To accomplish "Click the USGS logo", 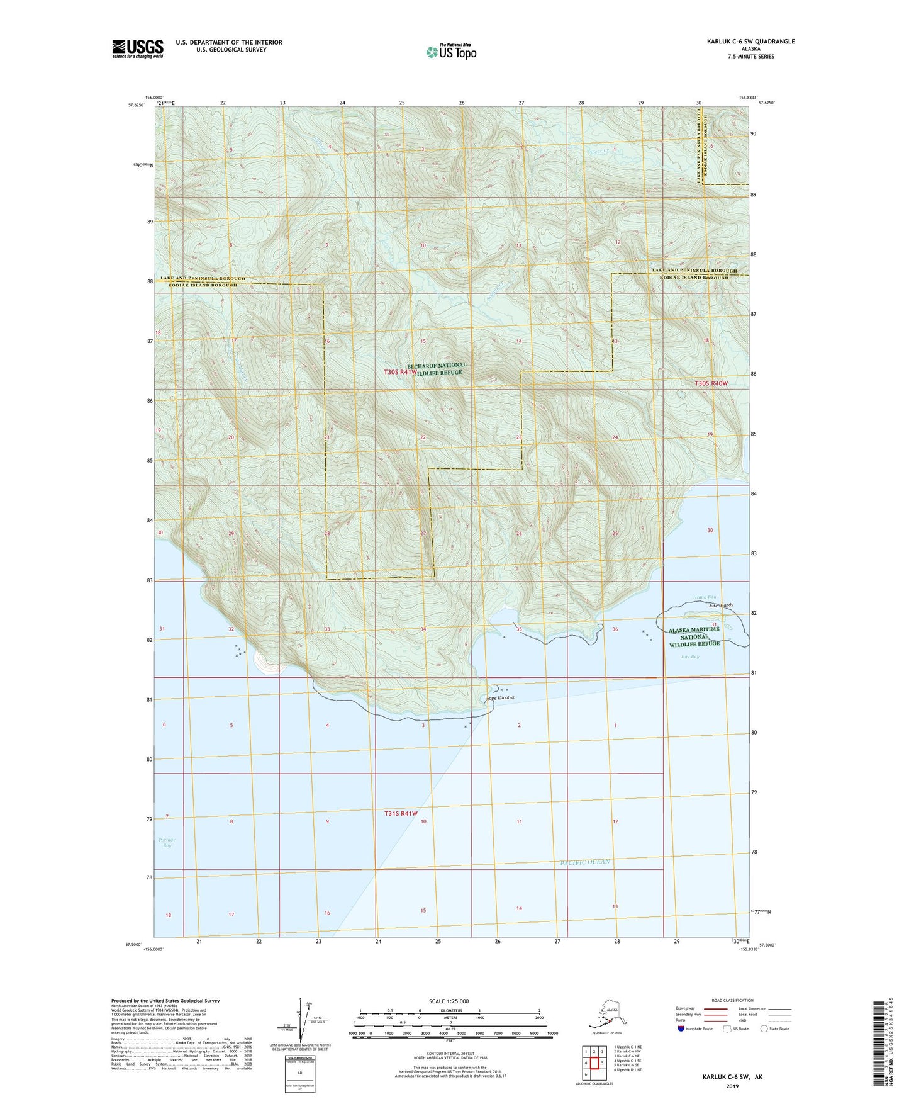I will (x=137, y=48).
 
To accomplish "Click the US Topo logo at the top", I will (x=450, y=51).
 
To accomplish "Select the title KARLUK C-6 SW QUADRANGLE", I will (x=741, y=42).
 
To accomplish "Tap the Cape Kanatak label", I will (x=501, y=698).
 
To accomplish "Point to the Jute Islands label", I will (x=721, y=605).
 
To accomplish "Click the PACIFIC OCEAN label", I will (x=585, y=862).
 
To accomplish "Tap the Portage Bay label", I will (x=167, y=842).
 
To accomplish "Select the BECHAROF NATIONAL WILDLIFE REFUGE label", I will (x=437, y=369).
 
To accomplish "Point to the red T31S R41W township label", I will (x=401, y=813).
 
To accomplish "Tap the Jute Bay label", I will (x=689, y=657).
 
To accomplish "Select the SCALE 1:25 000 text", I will (x=450, y=1001).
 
